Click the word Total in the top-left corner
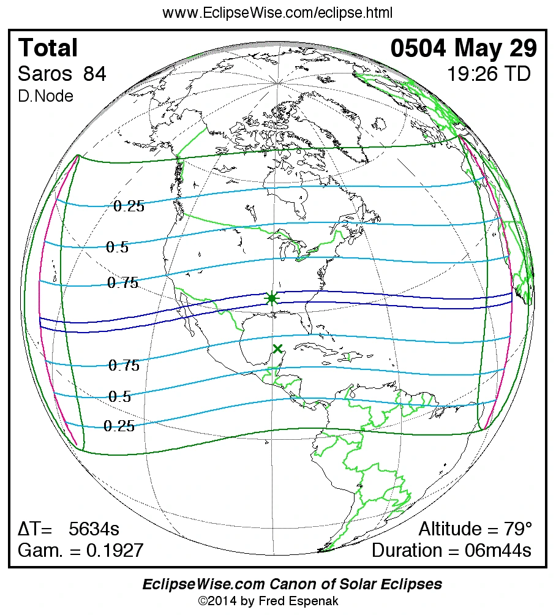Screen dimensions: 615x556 point(48,48)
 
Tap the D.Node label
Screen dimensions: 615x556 point(45,96)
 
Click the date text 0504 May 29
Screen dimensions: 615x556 point(464,48)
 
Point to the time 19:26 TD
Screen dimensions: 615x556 point(488,74)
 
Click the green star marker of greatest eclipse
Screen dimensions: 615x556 point(272,298)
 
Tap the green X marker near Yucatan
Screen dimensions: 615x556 point(278,349)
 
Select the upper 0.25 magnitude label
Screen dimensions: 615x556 point(129,206)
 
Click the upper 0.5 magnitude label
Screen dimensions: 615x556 point(117,247)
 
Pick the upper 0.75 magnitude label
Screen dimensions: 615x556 point(123,283)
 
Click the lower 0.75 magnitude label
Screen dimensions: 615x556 point(124,366)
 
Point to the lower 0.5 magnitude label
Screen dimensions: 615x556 point(119,397)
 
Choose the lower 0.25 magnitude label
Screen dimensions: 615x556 point(119,426)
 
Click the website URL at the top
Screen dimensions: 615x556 point(277,13)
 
